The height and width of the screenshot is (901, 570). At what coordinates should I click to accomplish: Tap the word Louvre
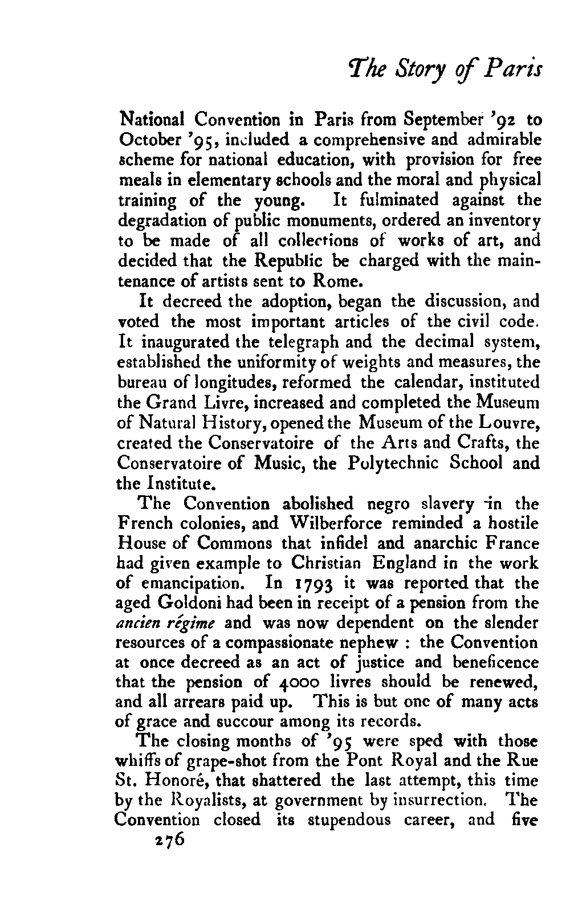[509, 422]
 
